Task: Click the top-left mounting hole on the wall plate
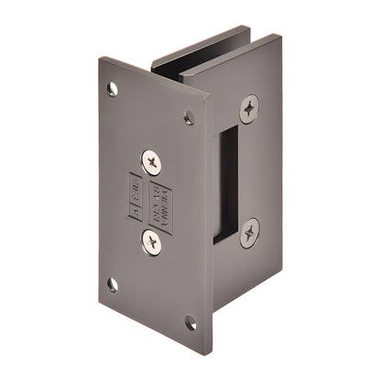click(112, 89)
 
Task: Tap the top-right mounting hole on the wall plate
click(190, 116)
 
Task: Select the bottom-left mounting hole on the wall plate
click(112, 284)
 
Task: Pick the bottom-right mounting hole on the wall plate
click(190, 322)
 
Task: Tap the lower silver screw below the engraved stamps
click(151, 242)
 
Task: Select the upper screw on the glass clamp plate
click(249, 109)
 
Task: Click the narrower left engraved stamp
click(136, 198)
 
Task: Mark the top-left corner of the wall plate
click(100, 59)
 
